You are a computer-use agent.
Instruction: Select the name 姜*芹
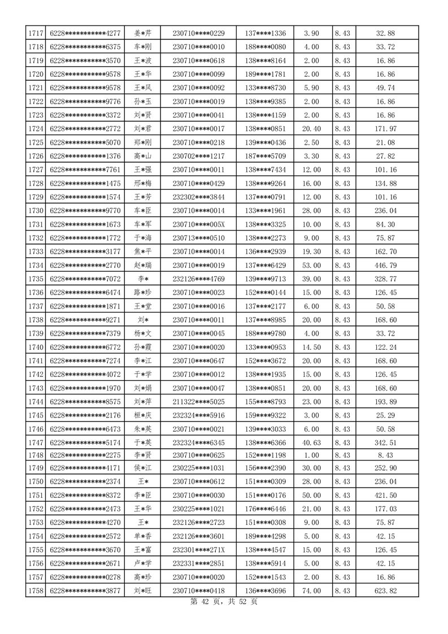coord(142,33)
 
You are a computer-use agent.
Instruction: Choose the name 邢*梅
coord(142,183)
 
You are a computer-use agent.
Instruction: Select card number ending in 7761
coord(85,170)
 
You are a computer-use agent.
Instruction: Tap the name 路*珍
coord(142,292)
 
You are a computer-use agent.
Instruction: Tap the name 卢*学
coord(142,565)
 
